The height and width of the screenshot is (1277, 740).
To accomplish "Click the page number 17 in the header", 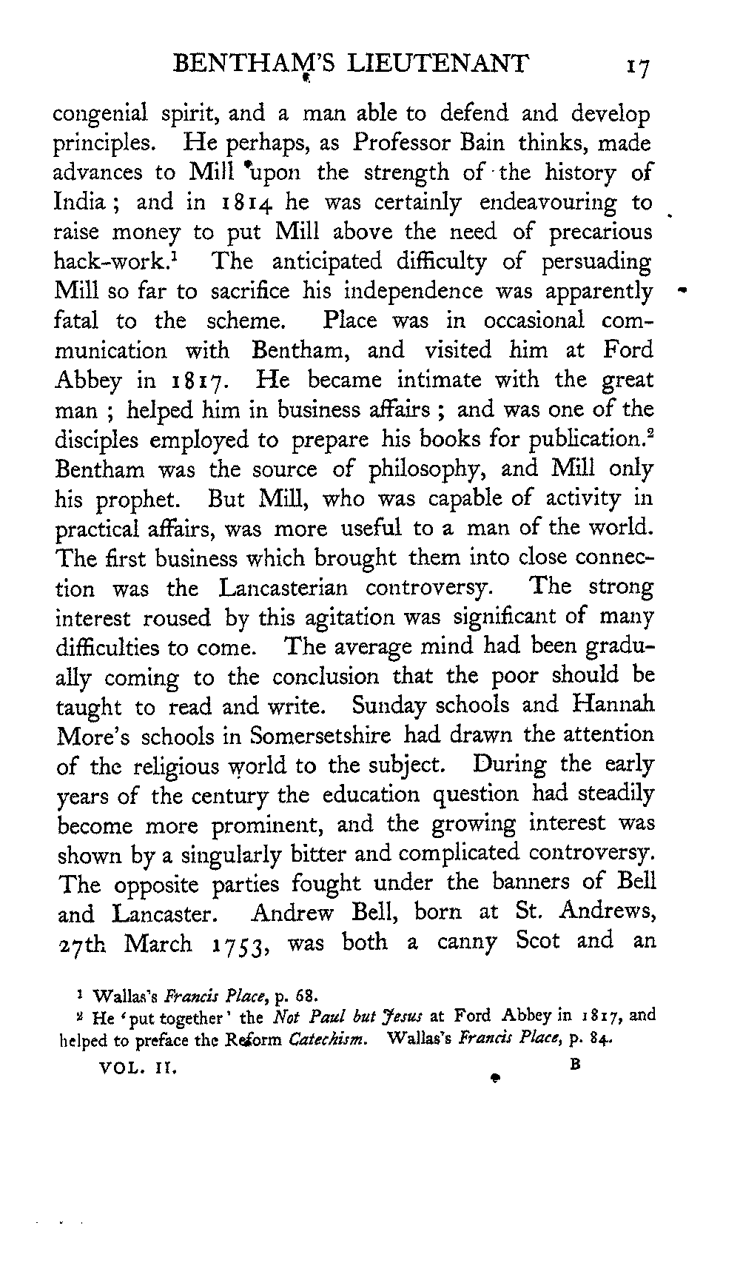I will pos(636,67).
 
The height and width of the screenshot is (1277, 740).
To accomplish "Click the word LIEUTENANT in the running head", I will pos(437,64).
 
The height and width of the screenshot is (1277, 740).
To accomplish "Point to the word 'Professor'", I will pos(400,142).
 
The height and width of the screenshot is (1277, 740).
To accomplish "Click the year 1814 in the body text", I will pos(245,202).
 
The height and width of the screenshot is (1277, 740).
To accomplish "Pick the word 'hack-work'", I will pos(112,262).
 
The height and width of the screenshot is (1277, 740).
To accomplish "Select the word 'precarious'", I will pos(601,232).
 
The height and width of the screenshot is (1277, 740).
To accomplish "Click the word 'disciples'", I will pos(97,440).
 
